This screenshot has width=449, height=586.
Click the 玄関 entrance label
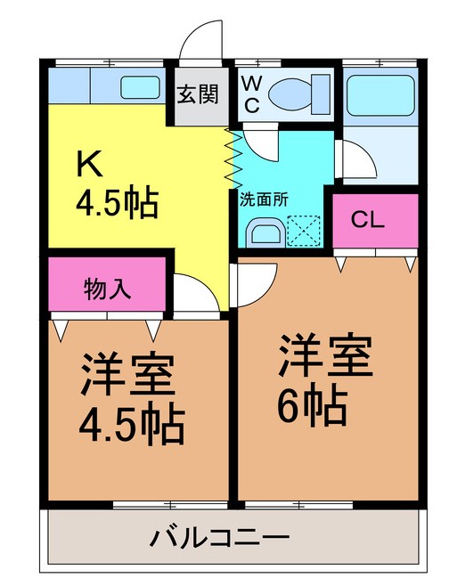[197, 94]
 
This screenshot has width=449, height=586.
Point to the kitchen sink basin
[139, 87]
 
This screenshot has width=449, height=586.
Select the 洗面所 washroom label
[263, 200]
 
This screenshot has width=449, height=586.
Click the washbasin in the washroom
[265, 233]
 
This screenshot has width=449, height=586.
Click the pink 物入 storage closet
[108, 288]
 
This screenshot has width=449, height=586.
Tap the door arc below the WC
[260, 141]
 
